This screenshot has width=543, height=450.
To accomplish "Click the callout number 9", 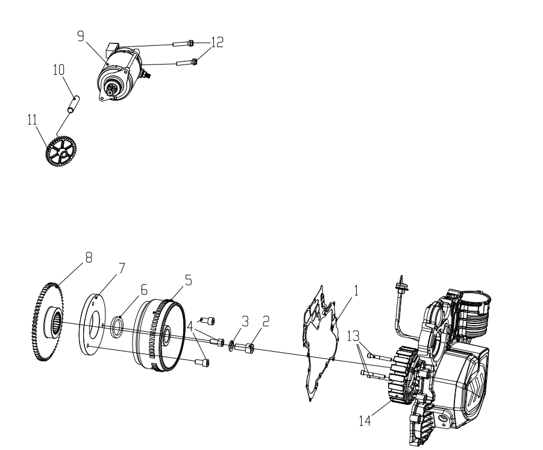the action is click(81, 36).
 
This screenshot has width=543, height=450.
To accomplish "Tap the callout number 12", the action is click(217, 42).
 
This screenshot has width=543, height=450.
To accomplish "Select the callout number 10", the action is click(59, 70).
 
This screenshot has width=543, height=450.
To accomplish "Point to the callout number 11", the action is click(32, 120).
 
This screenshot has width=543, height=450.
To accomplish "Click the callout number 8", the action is click(89, 258).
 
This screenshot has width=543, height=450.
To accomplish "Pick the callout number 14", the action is click(365, 421).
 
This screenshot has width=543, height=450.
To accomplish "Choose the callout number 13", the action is click(353, 336).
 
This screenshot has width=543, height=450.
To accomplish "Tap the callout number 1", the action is click(356, 291).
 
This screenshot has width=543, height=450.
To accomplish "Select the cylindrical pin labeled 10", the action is click(74, 104).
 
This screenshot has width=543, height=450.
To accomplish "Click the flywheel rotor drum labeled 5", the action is click(159, 336).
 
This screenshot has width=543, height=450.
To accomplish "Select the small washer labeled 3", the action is click(231, 346).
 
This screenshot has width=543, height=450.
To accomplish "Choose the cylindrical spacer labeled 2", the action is click(245, 348).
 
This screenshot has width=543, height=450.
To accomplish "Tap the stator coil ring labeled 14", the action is click(404, 375).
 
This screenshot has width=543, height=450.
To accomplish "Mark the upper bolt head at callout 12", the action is click(191, 43).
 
